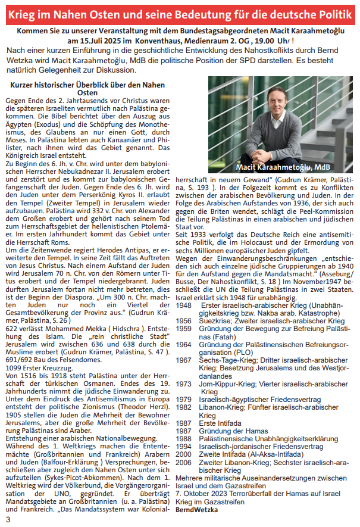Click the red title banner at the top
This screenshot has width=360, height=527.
[x=180, y=13]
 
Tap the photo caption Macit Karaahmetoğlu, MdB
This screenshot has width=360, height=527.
[x=283, y=166]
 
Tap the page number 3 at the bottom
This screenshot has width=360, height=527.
[x=8, y=520]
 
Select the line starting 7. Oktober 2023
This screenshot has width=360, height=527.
[x=261, y=494]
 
